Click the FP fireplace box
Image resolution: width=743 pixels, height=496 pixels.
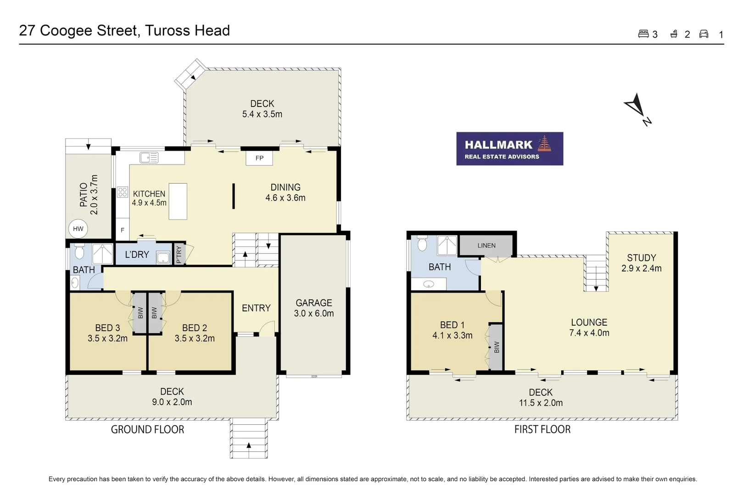point(259,158)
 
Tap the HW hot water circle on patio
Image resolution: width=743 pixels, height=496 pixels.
point(78,229)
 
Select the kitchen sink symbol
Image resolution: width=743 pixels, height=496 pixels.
point(149,158)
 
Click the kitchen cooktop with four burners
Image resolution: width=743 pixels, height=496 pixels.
point(122,192)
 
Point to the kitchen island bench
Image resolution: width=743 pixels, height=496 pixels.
point(178,201)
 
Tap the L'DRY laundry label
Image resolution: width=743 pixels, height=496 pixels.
point(137,254)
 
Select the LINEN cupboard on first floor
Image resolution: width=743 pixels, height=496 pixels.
point(486,246)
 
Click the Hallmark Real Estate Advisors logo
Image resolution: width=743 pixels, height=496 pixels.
point(509,149)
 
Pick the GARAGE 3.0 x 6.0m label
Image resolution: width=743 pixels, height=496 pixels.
point(314,308)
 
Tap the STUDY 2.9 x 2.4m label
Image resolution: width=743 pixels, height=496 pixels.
point(641,263)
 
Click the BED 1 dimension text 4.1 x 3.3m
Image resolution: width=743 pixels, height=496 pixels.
point(452,336)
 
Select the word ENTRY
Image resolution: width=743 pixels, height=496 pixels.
point(256,308)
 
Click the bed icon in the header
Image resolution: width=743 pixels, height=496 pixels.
point(643,34)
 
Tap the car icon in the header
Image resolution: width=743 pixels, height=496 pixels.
point(704,34)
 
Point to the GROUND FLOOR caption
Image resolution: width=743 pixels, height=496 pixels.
point(147,429)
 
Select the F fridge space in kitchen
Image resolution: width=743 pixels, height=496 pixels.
point(123,230)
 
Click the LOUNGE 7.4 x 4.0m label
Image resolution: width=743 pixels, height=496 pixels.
point(589,327)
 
